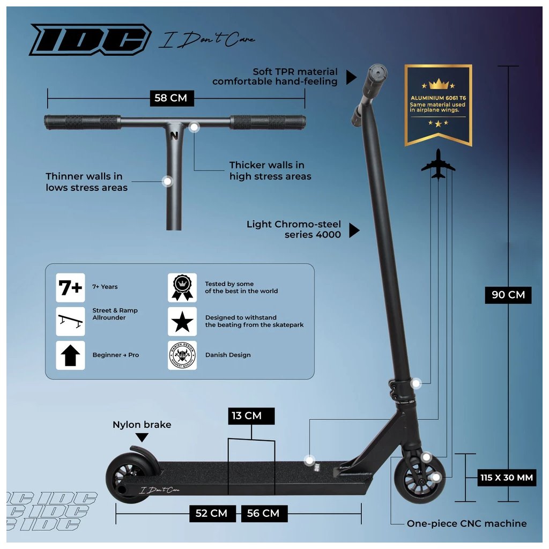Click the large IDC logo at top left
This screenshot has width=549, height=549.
90,39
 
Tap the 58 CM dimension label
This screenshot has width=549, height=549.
171,98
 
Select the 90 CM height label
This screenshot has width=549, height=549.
508,295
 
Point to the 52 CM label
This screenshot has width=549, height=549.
211,513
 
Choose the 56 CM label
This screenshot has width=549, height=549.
263,513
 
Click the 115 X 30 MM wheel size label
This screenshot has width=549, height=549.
507,477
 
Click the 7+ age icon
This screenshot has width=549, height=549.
71,288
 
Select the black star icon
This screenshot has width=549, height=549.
182,322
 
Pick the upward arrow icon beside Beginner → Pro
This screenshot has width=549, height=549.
71,355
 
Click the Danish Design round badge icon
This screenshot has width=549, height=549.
182,355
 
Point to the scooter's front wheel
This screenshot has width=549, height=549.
420,478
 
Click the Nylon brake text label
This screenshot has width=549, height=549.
142,425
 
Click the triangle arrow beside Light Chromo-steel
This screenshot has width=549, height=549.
354,231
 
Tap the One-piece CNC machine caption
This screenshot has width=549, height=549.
466,524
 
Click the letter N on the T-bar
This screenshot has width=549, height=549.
174,135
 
